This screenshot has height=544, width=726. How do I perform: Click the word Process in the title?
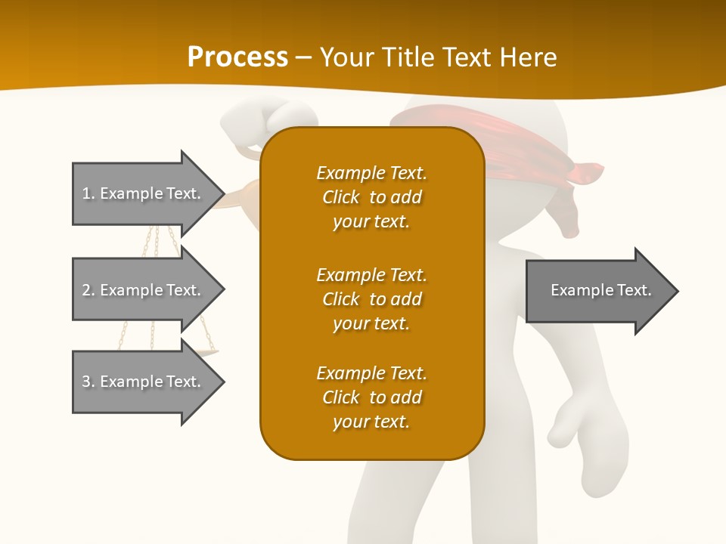(x=237, y=57)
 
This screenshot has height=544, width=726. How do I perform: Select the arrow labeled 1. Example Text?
(x=144, y=193)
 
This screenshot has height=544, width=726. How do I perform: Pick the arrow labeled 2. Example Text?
(x=144, y=290)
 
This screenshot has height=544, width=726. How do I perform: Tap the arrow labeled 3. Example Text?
(x=144, y=382)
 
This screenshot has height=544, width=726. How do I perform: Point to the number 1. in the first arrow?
(x=88, y=193)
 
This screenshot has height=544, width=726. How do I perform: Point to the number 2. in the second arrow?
(x=88, y=290)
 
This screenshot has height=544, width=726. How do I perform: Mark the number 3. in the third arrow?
(x=88, y=382)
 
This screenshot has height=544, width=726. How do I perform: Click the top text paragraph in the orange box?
(x=371, y=197)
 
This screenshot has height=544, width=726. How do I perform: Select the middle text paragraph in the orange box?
(x=371, y=298)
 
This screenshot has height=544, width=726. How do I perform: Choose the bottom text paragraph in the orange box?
(x=371, y=397)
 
